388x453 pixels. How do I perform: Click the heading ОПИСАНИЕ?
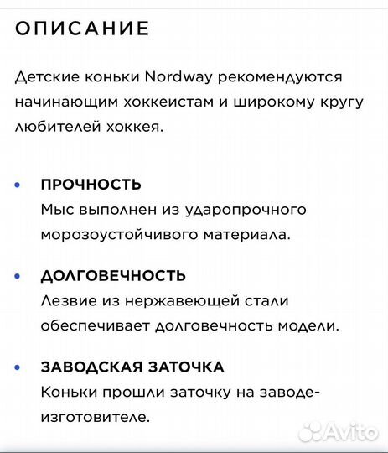coord(82,28)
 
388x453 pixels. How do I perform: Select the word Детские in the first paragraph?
coord(42,77)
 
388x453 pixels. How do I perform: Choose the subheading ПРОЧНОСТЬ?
coord(91,185)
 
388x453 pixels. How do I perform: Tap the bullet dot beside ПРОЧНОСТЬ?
coord(18,185)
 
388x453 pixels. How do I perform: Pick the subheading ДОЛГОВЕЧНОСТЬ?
coord(113,276)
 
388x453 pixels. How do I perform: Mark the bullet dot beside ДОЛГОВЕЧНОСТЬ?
coord(18,276)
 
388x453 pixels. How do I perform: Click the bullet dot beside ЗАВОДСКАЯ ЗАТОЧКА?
coord(18,367)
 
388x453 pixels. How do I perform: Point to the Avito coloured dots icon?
coord(311,431)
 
